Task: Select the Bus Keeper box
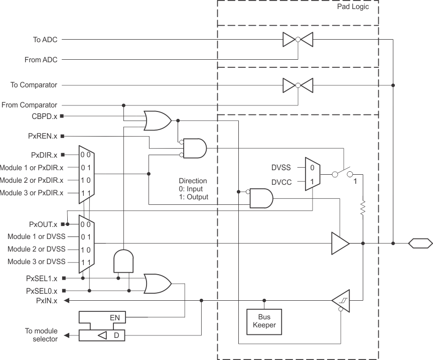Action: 264,321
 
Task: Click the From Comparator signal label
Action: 29,105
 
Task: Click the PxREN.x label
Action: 43,136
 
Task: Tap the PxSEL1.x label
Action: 42,278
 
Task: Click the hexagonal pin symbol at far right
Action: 420,244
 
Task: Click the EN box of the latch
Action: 114,317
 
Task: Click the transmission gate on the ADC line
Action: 298,39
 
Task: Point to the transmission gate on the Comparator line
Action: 298,85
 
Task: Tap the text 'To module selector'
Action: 41,335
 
